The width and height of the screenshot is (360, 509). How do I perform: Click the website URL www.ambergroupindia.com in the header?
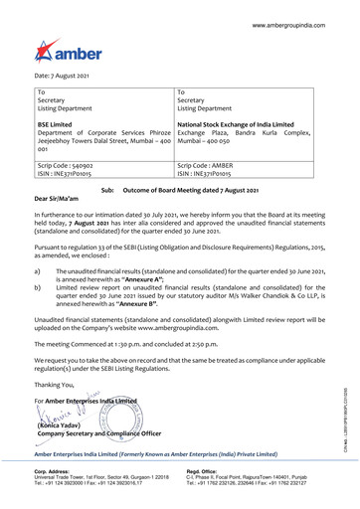point(299,22)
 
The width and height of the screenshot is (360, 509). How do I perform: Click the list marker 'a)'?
point(38,270)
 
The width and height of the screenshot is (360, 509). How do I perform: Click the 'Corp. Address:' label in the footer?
point(54,473)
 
